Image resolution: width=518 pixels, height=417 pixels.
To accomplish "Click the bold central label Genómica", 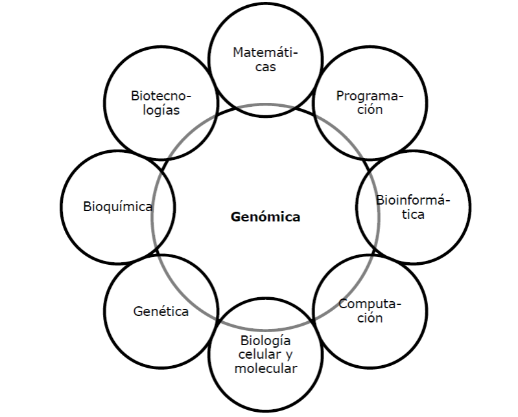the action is click(265, 217).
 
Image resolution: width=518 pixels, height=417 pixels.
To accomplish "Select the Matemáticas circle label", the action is click(266, 60).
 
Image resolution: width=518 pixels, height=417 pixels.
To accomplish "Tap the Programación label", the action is click(370, 102).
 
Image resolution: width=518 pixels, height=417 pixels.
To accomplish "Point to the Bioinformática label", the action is click(413, 207).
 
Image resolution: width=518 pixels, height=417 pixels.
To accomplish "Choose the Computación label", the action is click(370, 311).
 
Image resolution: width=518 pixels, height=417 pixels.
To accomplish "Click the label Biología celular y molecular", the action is click(266, 355).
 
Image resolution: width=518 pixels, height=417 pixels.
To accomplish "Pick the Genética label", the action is click(161, 311).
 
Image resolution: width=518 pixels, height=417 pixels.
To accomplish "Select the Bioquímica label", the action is click(117, 207).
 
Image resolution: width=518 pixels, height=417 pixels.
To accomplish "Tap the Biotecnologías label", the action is click(161, 103).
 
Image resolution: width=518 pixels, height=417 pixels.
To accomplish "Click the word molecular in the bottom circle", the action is click(266, 368).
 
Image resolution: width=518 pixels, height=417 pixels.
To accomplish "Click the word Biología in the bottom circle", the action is click(266, 341).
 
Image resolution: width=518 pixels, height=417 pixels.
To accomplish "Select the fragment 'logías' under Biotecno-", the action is click(161, 110).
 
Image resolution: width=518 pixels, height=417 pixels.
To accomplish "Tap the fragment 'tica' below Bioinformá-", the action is click(413, 215).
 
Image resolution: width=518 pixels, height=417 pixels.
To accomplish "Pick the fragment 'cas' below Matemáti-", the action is click(266, 67).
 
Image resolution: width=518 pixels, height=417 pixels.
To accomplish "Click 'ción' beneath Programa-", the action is click(370, 109).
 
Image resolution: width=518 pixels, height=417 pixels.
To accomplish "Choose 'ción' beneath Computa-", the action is click(370, 318).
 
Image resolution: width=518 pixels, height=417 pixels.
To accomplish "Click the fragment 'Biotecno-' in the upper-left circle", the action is click(161, 96).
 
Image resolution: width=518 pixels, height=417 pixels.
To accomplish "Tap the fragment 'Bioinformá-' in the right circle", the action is click(413, 200).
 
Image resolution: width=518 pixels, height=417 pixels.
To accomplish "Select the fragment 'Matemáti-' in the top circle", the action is click(266, 52).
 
